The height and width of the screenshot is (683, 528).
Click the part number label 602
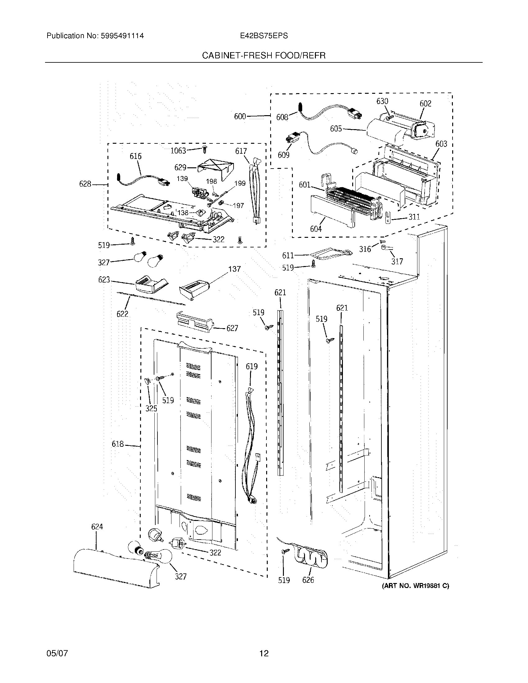tap(426, 103)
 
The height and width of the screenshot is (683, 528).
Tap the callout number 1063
tap(178, 151)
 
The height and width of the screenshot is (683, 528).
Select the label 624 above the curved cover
tap(97, 527)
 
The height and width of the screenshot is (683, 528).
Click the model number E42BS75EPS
tap(264, 36)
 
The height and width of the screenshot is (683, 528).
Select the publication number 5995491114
tap(122, 36)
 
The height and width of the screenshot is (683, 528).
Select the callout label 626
tap(308, 580)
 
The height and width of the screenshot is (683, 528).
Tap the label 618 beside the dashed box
tap(118, 444)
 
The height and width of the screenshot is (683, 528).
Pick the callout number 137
tap(234, 269)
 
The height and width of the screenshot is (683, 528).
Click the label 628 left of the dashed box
tap(85, 184)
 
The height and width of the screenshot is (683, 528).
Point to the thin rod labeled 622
tap(150, 298)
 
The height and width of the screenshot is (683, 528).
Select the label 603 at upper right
tap(441, 144)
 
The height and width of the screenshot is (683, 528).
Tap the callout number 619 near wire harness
tap(252, 366)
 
